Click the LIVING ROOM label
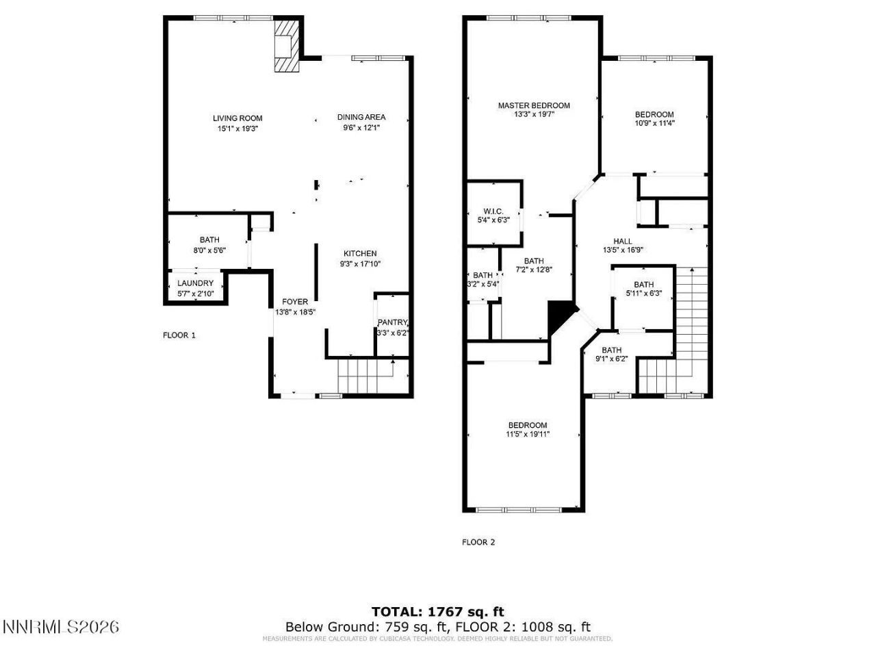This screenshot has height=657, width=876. [237, 118]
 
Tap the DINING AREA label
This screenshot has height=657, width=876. [361, 117]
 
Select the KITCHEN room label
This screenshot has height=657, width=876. [360, 253]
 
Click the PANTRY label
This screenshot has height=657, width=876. [393, 323]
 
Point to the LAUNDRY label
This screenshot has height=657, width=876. [195, 283]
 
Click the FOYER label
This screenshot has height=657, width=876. [295, 302]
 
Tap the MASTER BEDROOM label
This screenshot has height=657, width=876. [533, 105]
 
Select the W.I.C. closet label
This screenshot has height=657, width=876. [493, 211]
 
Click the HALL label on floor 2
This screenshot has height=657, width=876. [623, 241]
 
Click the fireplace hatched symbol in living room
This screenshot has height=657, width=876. [286, 45]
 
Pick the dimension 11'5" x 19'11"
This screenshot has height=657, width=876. [527, 434]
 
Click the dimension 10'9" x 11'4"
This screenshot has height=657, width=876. [654, 124]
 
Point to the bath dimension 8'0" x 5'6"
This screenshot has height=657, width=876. [209, 250]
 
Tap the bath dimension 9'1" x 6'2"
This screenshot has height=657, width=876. [611, 358]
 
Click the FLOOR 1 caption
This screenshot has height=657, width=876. [179, 335]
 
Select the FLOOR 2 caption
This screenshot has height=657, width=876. [478, 542]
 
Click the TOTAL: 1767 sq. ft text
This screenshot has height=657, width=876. [437, 611]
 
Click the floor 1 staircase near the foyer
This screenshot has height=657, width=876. [366, 377]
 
